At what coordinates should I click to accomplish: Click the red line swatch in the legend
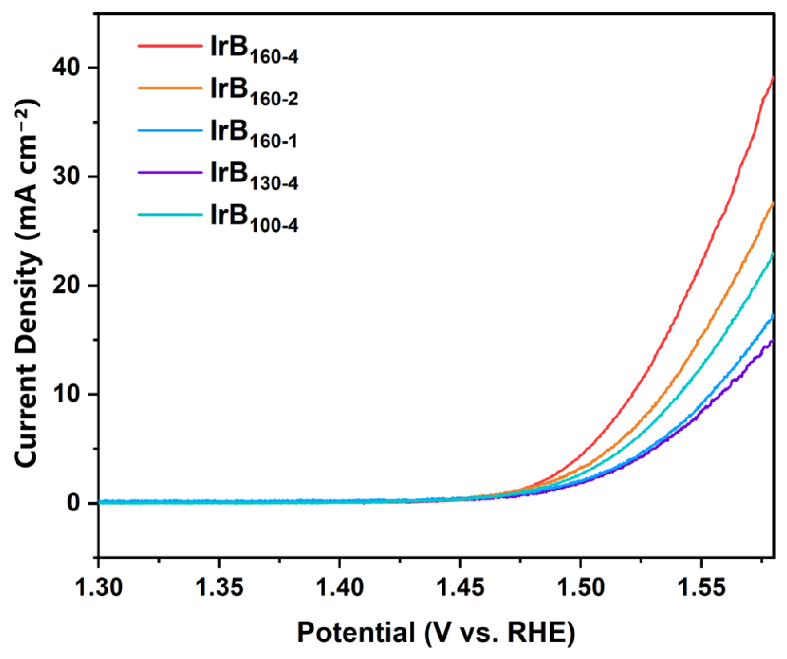pos(170,45)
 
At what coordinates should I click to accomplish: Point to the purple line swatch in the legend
pos(170,172)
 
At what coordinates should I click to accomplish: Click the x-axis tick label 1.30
pos(99,587)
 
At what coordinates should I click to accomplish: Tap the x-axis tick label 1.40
pos(339,587)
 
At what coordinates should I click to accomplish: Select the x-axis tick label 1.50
pos(580,587)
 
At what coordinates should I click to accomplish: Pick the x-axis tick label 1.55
pos(701,587)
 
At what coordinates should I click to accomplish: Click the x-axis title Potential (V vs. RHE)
pos(436,632)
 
